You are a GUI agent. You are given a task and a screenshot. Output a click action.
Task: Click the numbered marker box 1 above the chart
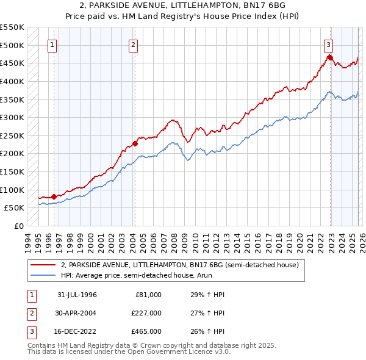tap(52, 45)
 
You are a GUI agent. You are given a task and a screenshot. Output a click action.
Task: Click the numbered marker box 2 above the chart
tap(133, 45)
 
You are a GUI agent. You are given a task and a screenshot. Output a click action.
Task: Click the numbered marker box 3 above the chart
tap(328, 45)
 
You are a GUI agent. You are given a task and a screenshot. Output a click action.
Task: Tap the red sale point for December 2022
tap(330, 57)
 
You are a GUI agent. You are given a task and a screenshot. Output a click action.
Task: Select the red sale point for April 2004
tap(135, 144)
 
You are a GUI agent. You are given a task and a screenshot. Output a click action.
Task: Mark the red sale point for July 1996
tap(54, 196)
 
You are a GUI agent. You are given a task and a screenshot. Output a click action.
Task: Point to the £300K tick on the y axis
tap(12, 117)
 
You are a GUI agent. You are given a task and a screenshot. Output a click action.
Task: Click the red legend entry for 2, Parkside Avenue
tap(179, 265)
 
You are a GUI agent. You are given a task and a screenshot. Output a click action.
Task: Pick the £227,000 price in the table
tap(146, 313)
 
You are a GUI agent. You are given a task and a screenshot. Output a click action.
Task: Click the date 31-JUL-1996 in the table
tap(77, 295)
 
